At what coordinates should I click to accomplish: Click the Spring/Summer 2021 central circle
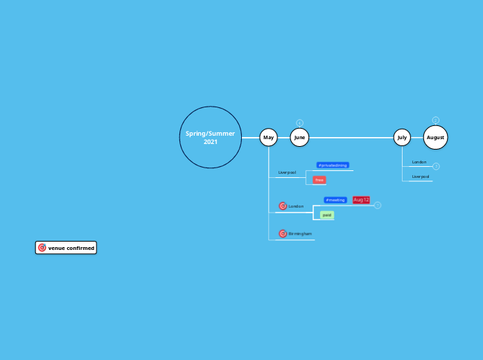210,137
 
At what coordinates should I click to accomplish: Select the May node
269,137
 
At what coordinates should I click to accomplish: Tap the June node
299,137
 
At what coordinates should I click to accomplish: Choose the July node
402,137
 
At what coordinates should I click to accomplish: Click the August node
435,137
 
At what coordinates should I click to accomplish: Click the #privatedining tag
333,165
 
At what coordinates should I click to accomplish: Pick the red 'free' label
319,180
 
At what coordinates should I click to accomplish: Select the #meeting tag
335,200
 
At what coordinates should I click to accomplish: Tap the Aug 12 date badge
361,200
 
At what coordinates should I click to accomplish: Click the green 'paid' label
327,215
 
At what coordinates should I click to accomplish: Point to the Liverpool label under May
287,172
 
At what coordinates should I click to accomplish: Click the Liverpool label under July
421,177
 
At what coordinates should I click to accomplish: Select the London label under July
419,162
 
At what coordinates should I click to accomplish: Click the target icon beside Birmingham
283,234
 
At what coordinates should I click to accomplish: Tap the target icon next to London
283,206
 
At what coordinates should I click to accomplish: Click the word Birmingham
300,234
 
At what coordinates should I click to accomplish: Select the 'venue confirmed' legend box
66,248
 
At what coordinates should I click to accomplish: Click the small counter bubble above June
299,123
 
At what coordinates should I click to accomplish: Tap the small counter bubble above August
436,120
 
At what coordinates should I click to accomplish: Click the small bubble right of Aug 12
378,205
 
